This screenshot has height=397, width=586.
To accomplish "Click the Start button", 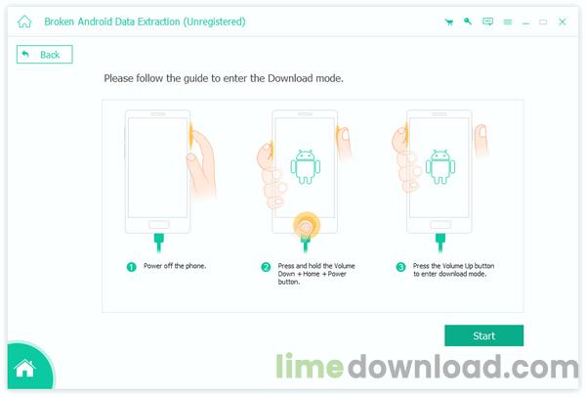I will (483, 335).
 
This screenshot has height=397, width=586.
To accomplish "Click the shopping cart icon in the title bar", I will (448, 22).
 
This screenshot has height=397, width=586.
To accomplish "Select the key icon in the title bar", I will (468, 22).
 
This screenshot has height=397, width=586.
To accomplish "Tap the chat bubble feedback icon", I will (487, 22).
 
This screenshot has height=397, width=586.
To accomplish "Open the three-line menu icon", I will (507, 22).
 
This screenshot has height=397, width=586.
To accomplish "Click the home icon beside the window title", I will (24, 22).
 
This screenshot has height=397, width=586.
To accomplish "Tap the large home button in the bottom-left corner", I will (24, 370).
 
